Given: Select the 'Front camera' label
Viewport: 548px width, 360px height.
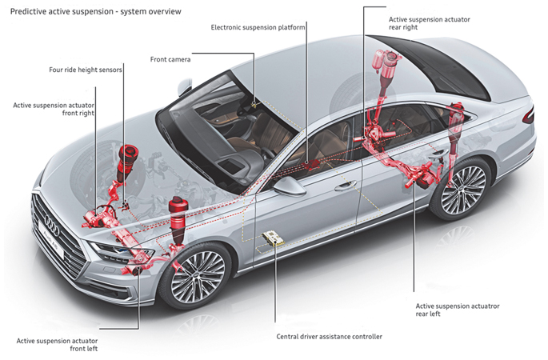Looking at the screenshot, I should click(x=171, y=59).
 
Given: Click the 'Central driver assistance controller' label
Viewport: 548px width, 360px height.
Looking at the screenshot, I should click(x=329, y=337).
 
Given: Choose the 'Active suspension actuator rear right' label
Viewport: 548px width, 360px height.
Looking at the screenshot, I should click(x=429, y=22).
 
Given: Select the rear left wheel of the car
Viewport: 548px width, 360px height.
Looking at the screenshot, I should click(x=461, y=189).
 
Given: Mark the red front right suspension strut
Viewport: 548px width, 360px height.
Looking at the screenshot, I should click(x=125, y=164).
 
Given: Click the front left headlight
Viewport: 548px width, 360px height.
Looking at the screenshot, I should click(x=111, y=252).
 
